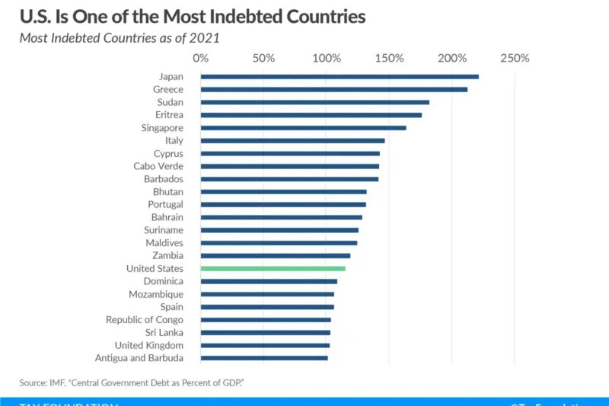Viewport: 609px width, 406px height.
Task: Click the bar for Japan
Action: tap(340, 76)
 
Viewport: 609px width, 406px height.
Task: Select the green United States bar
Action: tap(273, 268)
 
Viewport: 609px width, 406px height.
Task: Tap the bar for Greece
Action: tap(333, 89)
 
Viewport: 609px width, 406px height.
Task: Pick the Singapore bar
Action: tap(303, 127)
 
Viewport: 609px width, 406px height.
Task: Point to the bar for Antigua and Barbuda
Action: tap(264, 358)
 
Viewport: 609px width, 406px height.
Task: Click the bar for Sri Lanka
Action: tap(265, 332)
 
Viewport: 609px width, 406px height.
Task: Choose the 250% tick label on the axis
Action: tap(515, 59)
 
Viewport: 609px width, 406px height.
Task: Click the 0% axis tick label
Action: tap(201, 59)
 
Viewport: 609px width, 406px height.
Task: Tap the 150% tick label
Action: tap(389, 59)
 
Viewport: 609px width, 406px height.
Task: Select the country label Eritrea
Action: tap(169, 115)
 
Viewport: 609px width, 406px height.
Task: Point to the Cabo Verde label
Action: tap(158, 166)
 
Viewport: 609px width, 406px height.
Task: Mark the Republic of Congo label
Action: tap(145, 320)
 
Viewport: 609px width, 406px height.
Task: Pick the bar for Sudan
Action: tap(314, 102)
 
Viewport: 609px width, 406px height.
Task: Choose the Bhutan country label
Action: tap(167, 192)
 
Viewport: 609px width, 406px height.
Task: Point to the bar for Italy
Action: tap(292, 140)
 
